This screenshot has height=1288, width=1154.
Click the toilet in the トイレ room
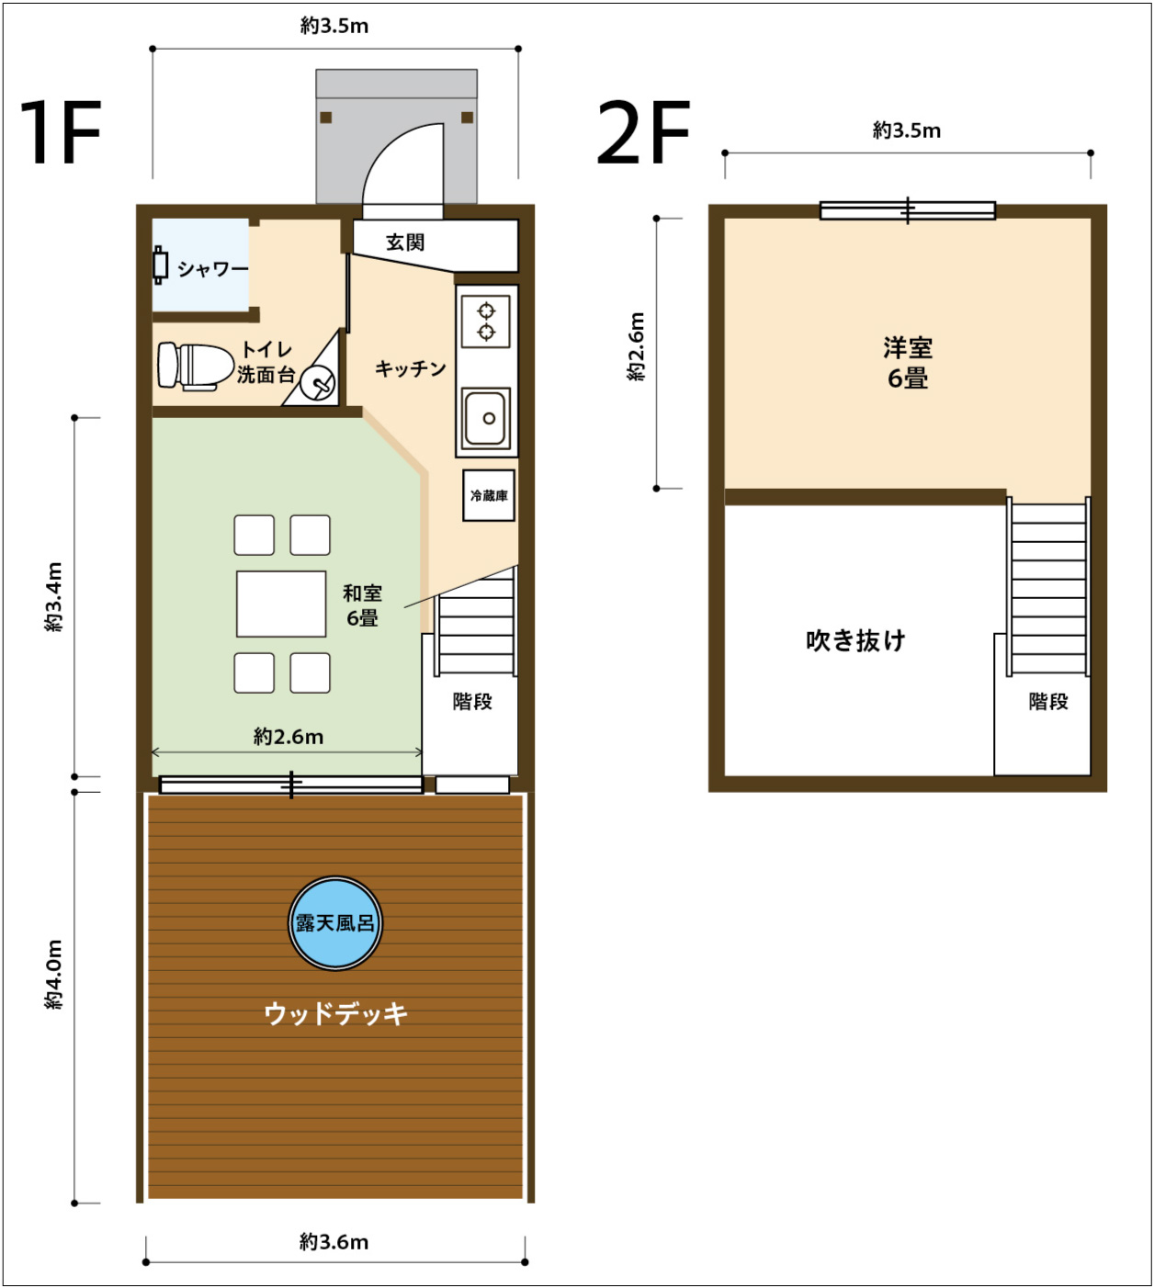(195, 367)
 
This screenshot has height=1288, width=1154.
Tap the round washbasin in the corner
(318, 384)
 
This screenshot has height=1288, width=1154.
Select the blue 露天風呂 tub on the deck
(335, 923)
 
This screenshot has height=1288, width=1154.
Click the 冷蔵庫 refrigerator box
(488, 495)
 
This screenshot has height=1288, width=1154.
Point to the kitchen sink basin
(486, 418)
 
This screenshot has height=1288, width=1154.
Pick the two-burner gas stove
(486, 322)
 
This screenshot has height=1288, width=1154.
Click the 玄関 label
(405, 243)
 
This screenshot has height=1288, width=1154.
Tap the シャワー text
(212, 269)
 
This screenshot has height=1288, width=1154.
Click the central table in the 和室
(281, 604)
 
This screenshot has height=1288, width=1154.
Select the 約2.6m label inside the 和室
(288, 737)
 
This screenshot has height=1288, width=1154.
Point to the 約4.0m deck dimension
(54, 976)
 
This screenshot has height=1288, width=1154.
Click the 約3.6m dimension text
(334, 1241)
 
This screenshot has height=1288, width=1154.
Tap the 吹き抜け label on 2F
(855, 640)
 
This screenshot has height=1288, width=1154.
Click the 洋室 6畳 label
(907, 362)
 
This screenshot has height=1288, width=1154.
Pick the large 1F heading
(61, 132)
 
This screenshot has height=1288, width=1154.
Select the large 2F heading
(643, 132)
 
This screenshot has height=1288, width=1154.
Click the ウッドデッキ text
(335, 1013)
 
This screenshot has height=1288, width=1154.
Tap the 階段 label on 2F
(1048, 702)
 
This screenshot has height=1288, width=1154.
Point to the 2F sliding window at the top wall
(907, 210)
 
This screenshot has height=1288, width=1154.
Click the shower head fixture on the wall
(160, 264)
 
